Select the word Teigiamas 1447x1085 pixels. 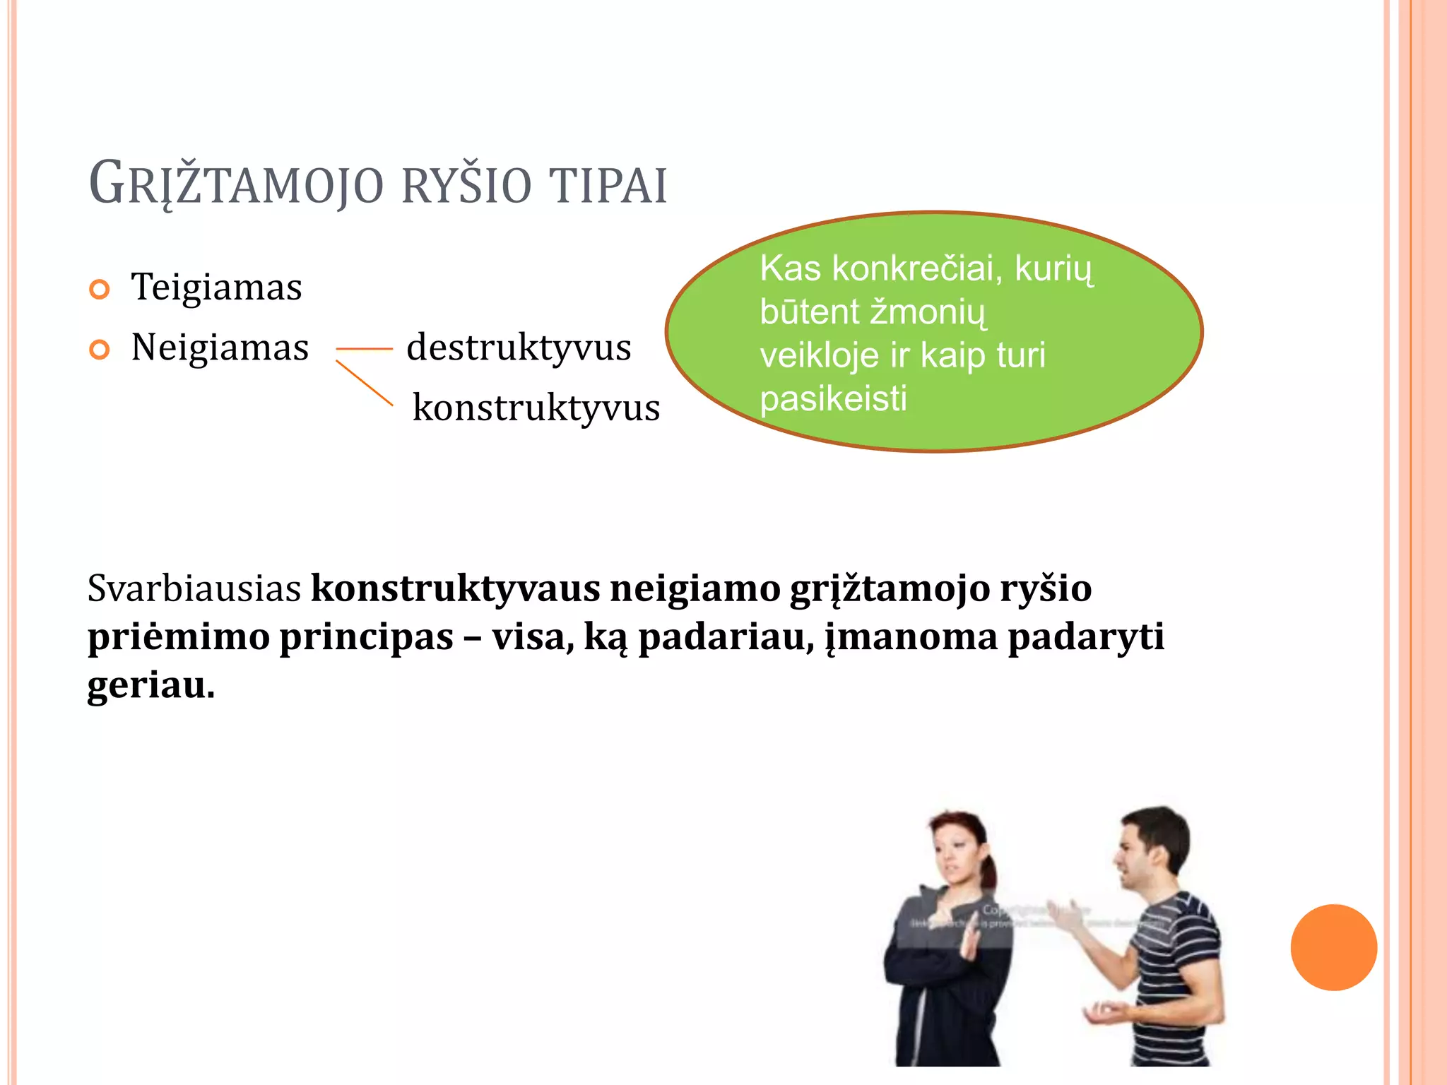point(216,287)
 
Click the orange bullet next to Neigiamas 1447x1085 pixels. point(100,350)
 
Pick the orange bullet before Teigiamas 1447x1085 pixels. point(100,290)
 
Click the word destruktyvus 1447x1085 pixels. point(519,348)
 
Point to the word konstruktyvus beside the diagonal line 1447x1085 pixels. point(536,408)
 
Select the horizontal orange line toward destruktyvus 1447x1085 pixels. point(364,349)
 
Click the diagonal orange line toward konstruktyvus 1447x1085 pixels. point(364,383)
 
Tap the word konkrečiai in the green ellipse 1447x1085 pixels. point(916,269)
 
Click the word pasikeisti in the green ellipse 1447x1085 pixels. point(833,399)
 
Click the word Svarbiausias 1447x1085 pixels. point(194,588)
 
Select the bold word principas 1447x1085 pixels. point(366,637)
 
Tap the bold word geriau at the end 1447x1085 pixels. point(150,685)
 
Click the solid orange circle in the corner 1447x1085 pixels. point(1333,947)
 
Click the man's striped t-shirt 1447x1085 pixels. point(1176,947)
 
